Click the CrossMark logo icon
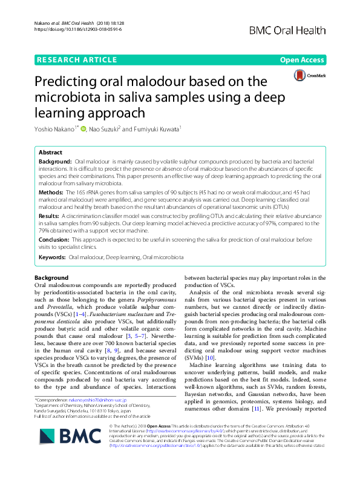(x=306, y=76)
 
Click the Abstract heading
(x=50, y=153)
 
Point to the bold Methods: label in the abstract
(x=53, y=191)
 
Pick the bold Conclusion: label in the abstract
(x=56, y=240)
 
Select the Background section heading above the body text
(x=51, y=278)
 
